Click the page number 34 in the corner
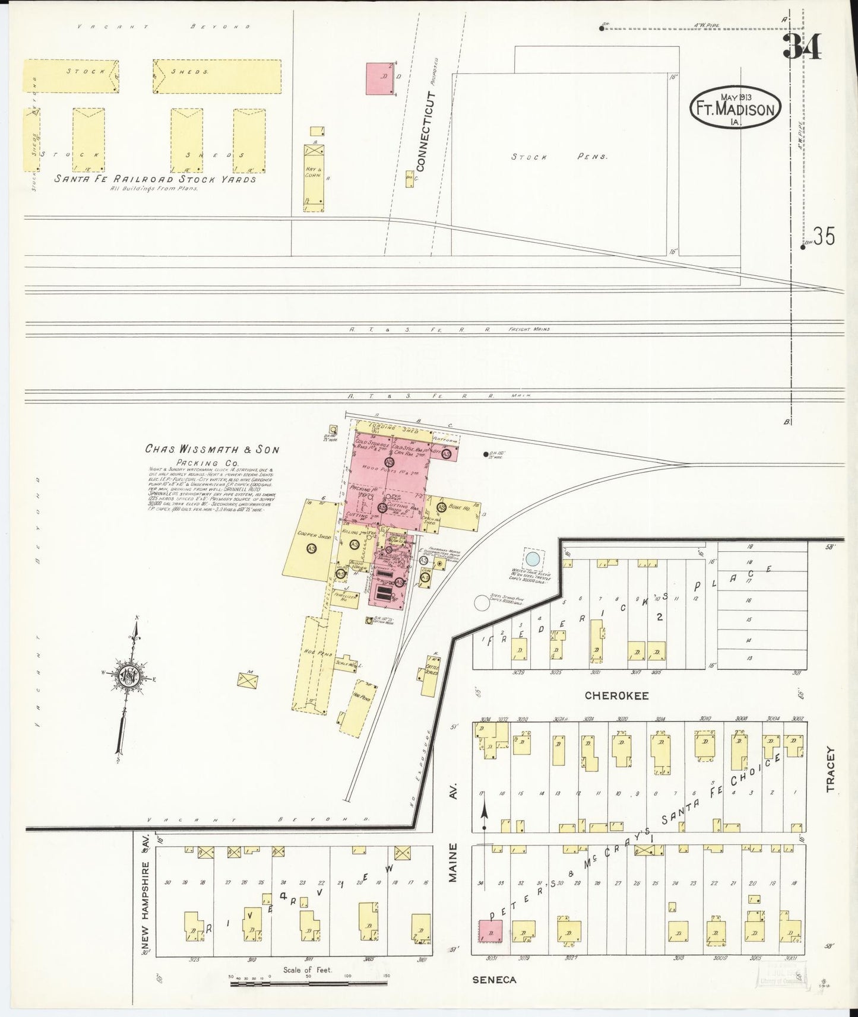803,46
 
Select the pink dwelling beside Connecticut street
381,79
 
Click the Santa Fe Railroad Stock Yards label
156,179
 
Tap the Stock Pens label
561,157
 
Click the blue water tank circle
533,558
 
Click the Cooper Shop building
311,540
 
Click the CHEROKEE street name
616,695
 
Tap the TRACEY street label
829,769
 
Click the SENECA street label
494,980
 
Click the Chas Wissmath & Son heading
212,450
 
